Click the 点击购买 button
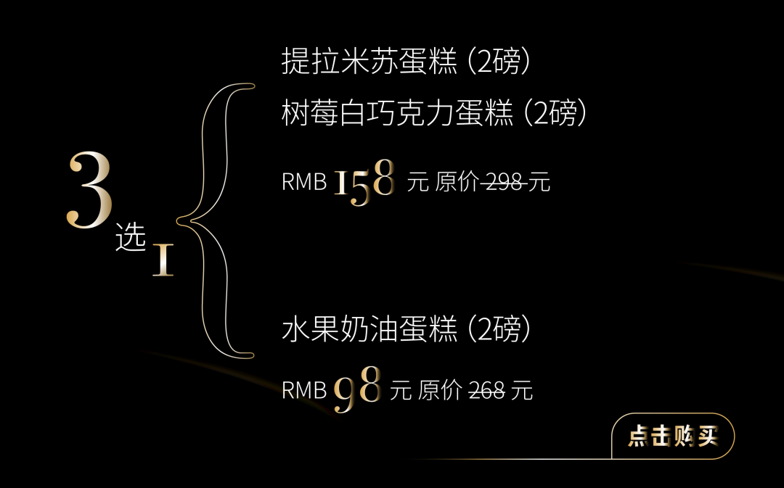point(673,437)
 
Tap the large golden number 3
point(90,191)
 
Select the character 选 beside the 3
point(131,239)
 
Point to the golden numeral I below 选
point(163,261)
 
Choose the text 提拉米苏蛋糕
point(369,62)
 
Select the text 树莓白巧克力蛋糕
point(397,114)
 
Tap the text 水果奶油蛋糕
point(369,330)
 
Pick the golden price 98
point(357,390)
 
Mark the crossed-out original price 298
point(504,182)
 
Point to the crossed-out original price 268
point(486,392)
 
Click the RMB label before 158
point(304,182)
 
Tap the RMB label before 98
point(304,392)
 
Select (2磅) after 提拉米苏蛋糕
point(499,62)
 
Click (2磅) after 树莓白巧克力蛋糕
point(555,114)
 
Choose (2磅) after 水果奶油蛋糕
point(499,330)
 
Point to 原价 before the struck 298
point(457,182)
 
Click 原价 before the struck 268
point(440,392)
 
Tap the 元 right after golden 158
point(418,182)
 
